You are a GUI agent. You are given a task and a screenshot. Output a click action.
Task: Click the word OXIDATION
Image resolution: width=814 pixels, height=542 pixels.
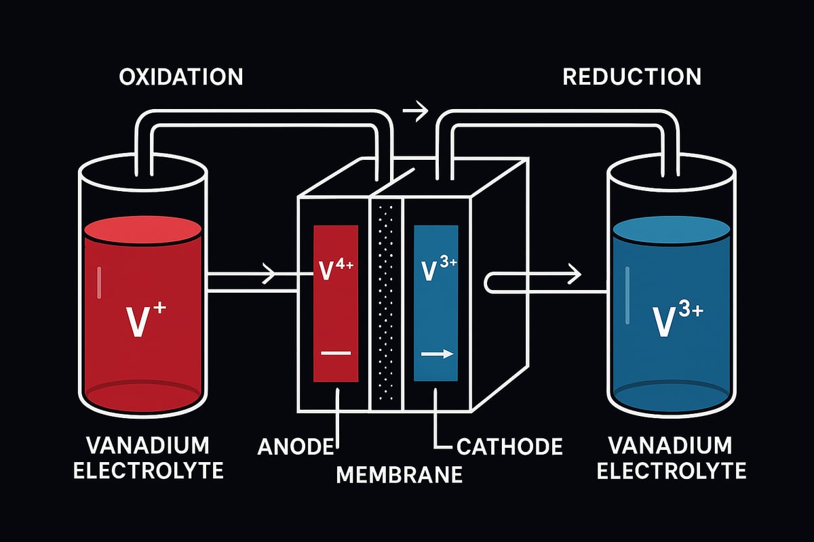click(180, 77)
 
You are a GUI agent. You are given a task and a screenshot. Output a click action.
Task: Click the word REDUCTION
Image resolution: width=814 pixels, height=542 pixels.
click(632, 77)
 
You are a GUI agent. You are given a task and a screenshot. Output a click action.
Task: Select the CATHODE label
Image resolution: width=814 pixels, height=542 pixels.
click(509, 446)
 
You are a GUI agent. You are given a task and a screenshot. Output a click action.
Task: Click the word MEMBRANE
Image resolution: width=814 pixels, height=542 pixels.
click(400, 474)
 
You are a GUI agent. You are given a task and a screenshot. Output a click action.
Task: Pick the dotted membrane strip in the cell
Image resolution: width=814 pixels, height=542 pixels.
click(386, 305)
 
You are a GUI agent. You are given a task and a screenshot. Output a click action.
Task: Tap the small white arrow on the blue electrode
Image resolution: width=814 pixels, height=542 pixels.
click(435, 353)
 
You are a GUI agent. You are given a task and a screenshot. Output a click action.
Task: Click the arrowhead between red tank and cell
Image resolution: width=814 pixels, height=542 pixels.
click(269, 275)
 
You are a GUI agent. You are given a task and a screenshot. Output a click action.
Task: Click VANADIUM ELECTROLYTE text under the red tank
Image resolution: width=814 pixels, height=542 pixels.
click(147, 458)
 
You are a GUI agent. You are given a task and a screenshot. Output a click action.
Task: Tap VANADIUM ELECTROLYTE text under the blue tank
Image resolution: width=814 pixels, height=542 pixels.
click(671, 458)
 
